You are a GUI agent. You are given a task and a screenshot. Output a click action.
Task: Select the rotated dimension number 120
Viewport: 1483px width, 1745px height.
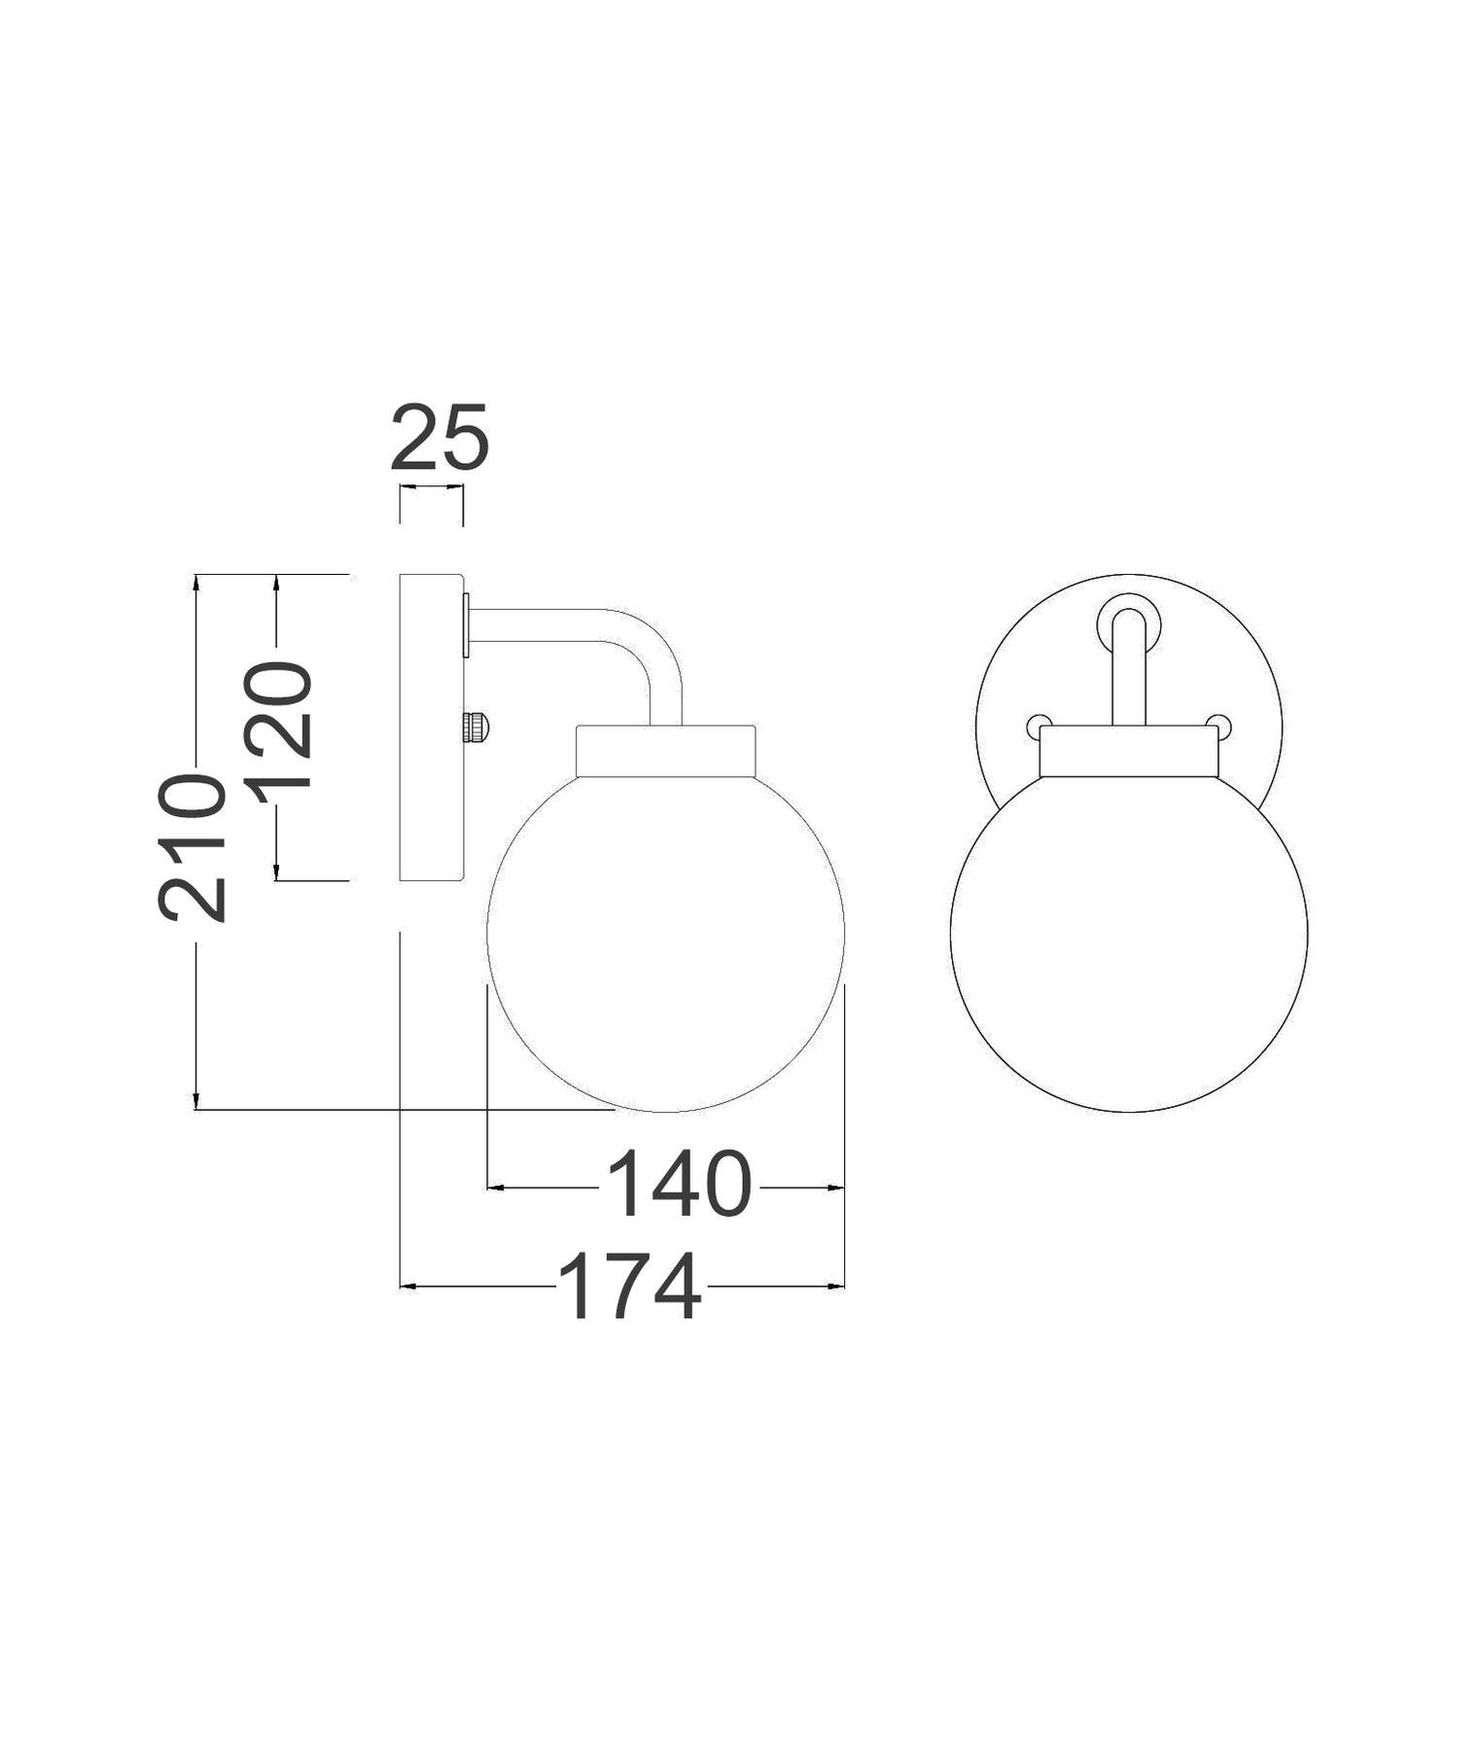coord(279,724)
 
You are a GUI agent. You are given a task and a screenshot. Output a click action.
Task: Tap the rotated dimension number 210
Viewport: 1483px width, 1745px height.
coord(193,846)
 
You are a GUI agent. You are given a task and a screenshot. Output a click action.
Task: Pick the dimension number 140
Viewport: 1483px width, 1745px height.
coord(679,1184)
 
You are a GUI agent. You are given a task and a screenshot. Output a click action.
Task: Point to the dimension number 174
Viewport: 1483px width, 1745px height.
coord(629,1286)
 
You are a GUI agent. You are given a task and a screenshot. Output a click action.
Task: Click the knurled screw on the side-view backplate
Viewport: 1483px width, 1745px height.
coord(476,726)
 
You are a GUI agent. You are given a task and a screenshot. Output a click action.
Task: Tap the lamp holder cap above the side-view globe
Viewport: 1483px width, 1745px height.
coord(665,751)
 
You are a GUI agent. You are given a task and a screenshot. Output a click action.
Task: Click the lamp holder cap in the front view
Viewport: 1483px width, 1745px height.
coord(1128,752)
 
